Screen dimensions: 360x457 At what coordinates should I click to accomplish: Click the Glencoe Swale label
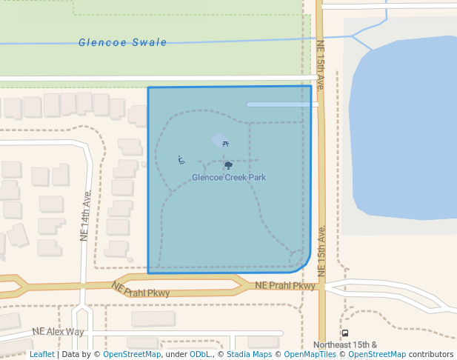click(123, 43)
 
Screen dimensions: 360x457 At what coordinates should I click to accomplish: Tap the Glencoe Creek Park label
click(228, 178)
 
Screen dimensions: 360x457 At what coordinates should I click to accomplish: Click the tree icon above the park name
click(228, 165)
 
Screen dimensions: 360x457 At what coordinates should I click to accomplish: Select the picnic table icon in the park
click(225, 144)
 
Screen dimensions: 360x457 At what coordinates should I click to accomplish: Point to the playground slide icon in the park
click(181, 160)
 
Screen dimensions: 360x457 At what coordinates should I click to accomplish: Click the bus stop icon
click(345, 333)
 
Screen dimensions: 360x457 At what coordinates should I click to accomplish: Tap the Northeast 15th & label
click(345, 344)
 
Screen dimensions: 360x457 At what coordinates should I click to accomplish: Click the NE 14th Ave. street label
click(85, 216)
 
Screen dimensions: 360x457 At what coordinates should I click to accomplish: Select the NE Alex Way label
click(58, 332)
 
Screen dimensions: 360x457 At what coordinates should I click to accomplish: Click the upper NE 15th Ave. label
click(321, 65)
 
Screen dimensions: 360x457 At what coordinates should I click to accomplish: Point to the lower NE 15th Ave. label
click(321, 251)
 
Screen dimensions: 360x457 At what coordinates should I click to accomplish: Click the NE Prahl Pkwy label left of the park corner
click(141, 290)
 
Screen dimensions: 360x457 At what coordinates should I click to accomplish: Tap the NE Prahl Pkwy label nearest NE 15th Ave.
click(285, 286)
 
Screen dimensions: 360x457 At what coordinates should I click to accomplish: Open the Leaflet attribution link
click(41, 355)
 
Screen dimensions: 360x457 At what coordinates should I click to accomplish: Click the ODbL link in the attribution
click(200, 355)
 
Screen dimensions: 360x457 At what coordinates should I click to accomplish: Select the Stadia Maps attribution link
click(252, 355)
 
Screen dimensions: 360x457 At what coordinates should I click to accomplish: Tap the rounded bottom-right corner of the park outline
click(305, 266)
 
